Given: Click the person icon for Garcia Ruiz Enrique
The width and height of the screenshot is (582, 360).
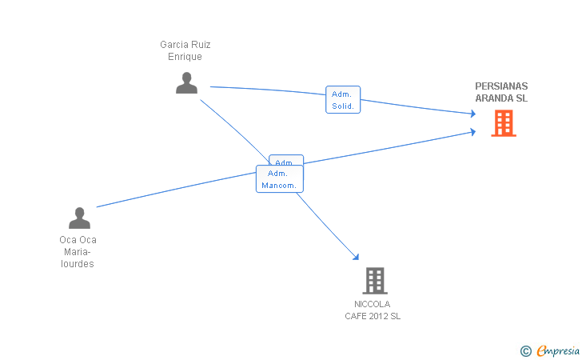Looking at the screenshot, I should pyautogui.click(x=186, y=82).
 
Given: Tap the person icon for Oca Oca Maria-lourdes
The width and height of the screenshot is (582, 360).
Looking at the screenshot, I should pyautogui.click(x=79, y=218).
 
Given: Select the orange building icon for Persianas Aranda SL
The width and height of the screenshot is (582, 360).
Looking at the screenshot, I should pyautogui.click(x=503, y=123).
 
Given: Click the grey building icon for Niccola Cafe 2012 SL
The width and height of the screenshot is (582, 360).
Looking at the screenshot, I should pyautogui.click(x=375, y=281).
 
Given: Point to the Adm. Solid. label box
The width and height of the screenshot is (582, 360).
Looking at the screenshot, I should pyautogui.click(x=343, y=99).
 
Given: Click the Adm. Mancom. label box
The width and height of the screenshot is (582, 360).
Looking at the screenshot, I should pyautogui.click(x=279, y=179).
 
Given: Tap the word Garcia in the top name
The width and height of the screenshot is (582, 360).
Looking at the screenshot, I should pyautogui.click(x=173, y=45).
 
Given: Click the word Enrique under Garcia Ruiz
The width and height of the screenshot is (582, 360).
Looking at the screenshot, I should pyautogui.click(x=185, y=57).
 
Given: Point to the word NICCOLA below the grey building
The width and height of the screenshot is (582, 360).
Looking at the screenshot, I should pyautogui.click(x=373, y=304).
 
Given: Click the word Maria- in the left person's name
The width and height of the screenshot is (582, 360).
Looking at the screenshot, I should pyautogui.click(x=78, y=252).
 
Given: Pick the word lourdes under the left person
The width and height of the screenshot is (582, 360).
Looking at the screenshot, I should pyautogui.click(x=78, y=264).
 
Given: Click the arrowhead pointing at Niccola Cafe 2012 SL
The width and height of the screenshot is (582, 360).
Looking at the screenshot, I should pyautogui.click(x=356, y=257).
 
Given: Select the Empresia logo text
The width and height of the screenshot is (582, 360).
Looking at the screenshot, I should pyautogui.click(x=558, y=350).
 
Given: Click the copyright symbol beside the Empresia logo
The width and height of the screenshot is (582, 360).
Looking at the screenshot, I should pyautogui.click(x=525, y=350).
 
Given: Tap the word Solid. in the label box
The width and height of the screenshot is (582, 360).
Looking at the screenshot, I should pyautogui.click(x=343, y=106).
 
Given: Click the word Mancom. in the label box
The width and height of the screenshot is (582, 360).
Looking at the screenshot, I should pyautogui.click(x=279, y=186).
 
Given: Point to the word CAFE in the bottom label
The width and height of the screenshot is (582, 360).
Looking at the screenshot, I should pyautogui.click(x=356, y=316).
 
